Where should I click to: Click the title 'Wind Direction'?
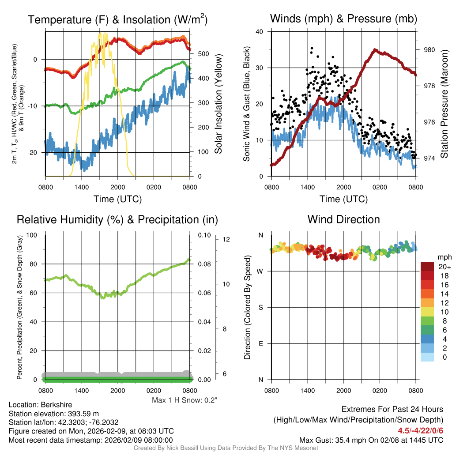343,219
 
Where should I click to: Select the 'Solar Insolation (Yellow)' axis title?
218,104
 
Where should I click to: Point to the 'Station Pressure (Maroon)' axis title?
444,104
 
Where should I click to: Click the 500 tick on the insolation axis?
203,54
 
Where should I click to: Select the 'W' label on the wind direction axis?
260,271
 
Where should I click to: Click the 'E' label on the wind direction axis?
261,343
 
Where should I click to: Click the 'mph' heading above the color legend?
444,257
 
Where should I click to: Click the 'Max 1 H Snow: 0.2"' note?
185,400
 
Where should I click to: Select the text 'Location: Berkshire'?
40,405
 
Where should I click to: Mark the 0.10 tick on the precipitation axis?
204,235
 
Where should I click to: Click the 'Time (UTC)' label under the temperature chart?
117,199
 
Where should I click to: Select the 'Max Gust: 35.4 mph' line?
371,440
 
